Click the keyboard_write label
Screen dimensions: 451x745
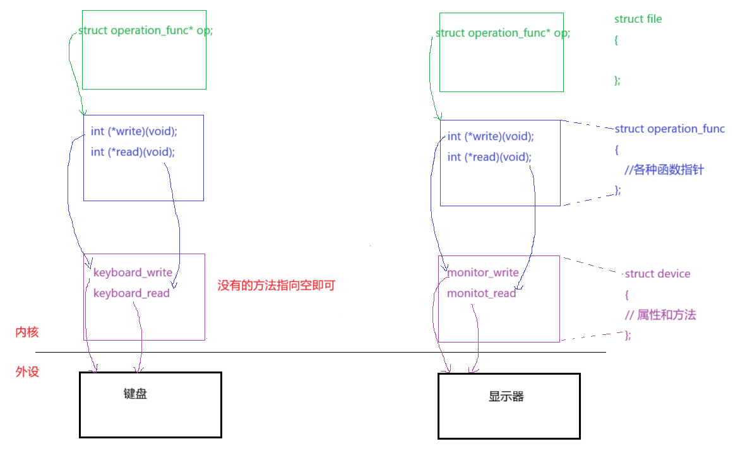tap(133, 272)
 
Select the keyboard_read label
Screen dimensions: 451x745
tap(131, 293)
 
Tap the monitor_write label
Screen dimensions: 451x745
tap(483, 272)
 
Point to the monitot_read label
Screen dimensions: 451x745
tap(482, 293)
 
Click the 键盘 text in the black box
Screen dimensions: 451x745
tap(135, 394)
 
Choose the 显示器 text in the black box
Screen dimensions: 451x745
tap(506, 396)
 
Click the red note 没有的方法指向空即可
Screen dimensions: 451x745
tap(276, 285)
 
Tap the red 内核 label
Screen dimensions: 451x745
tap(27, 332)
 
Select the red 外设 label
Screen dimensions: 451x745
tap(27, 372)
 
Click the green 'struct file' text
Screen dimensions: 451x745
tap(638, 19)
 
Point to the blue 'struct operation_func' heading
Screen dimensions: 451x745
tap(669, 129)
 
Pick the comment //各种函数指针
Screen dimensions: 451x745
tap(664, 170)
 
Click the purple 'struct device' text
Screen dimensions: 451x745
tap(657, 274)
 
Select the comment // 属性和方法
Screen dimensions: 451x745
tap(660, 315)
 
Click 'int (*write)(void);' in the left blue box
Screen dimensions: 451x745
tap(134, 131)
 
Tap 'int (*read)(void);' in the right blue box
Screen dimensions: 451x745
tap(489, 156)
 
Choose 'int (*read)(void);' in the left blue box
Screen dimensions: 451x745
tap(133, 151)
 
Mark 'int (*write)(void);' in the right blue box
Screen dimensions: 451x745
tap(491, 136)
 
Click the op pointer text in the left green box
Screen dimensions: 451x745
tap(145, 30)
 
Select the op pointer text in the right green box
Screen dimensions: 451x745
tap(503, 33)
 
